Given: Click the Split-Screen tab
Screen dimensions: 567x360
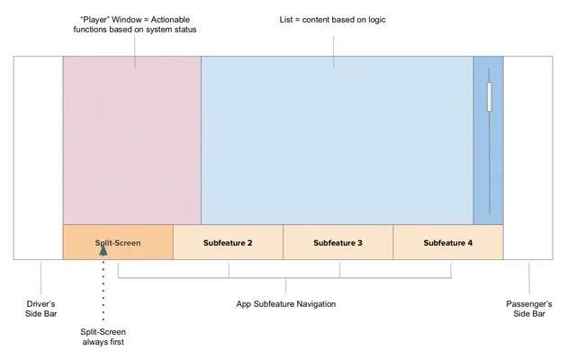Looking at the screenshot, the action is pos(118,242).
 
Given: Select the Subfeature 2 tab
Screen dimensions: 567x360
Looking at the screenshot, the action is pos(228,242).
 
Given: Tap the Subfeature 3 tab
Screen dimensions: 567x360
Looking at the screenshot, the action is pos(338,242).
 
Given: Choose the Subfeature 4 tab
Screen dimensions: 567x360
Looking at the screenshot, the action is pos(448,242).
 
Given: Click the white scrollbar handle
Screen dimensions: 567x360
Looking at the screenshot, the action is pos(489,97).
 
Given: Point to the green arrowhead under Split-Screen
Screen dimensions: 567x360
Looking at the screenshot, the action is pos(103,250).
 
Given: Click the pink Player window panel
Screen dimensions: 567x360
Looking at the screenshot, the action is pos(131,139).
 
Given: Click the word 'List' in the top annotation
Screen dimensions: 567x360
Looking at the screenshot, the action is pos(292,20).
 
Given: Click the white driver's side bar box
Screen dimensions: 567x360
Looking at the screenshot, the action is pos(38,157).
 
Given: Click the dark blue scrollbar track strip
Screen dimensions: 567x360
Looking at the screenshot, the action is pos(489,171).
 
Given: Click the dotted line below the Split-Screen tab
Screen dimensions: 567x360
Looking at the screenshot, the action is pos(103,288).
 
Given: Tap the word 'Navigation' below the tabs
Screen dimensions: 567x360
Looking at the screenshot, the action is pos(312,304).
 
